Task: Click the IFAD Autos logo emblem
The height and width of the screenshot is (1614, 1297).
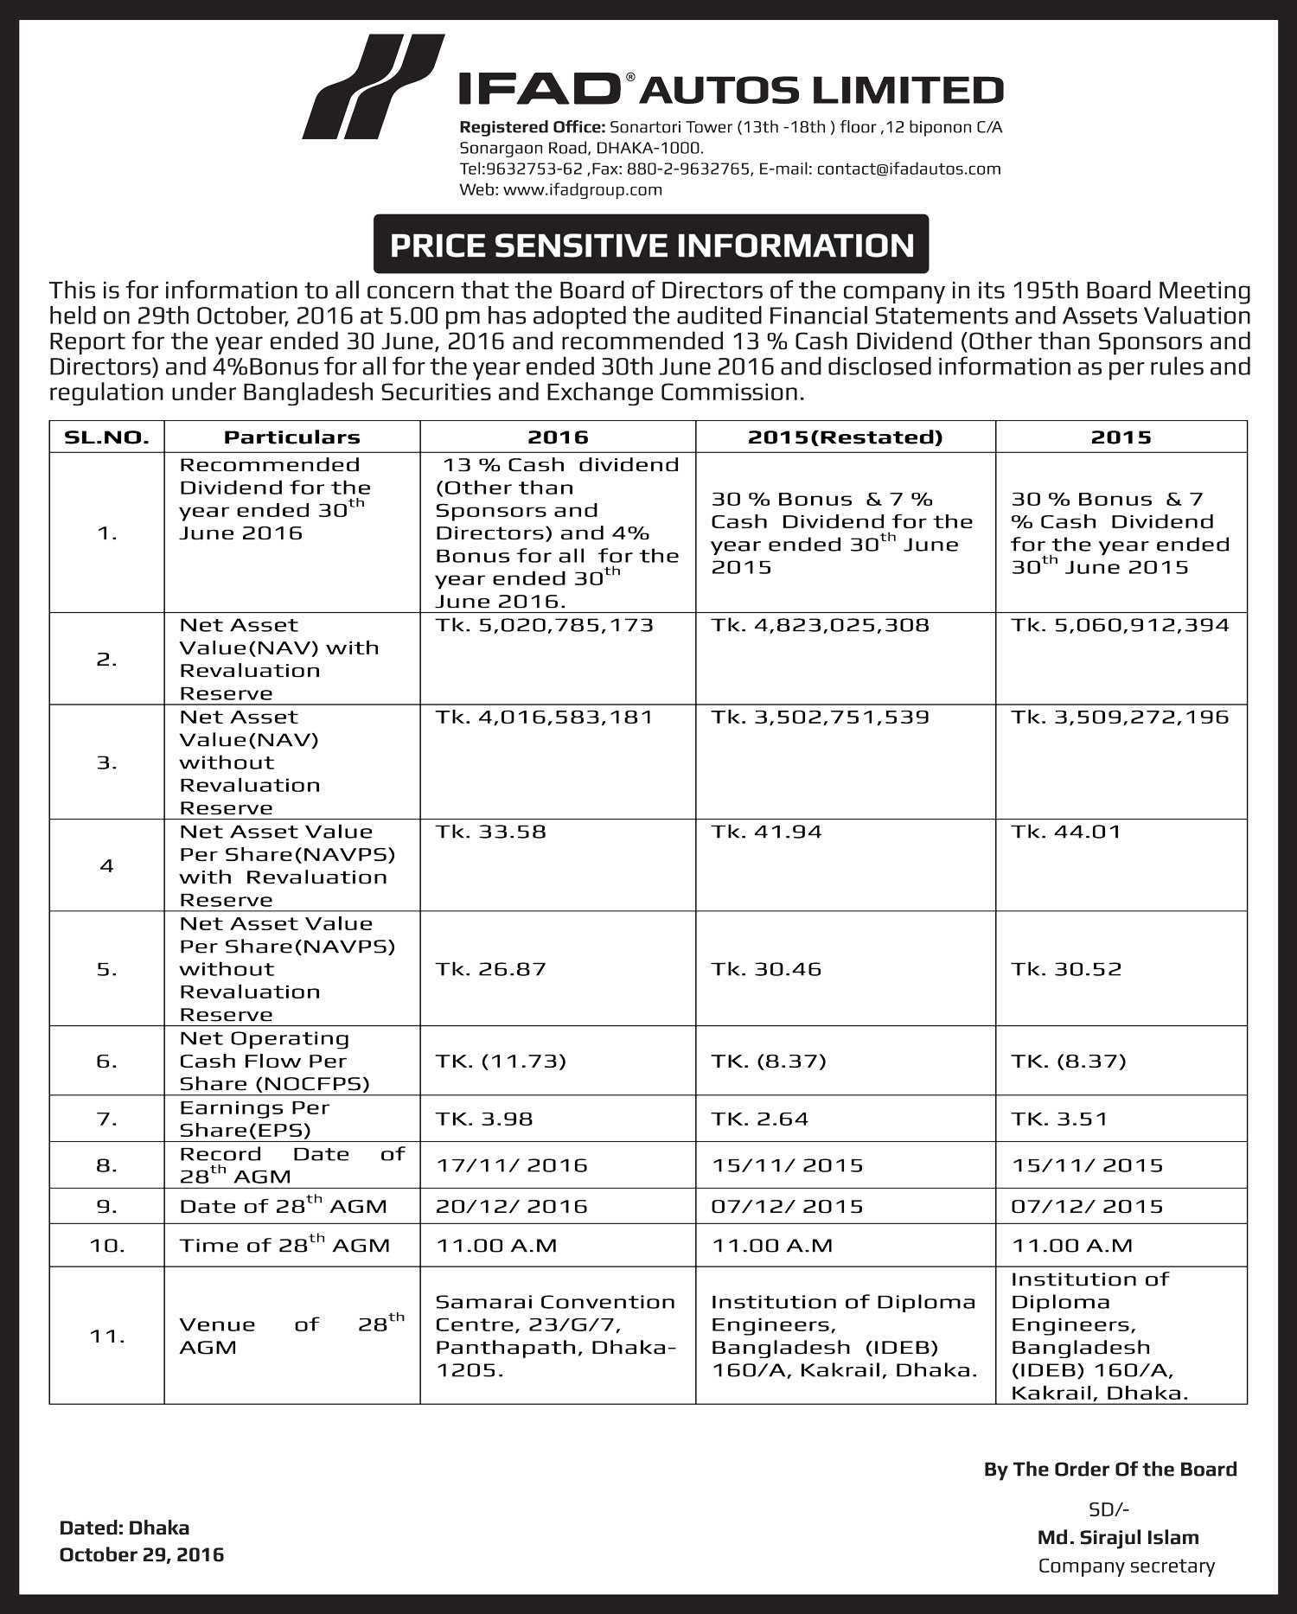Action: point(374,86)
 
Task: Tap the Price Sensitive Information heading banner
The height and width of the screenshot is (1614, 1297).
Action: point(651,246)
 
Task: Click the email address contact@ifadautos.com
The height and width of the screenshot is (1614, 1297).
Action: point(909,169)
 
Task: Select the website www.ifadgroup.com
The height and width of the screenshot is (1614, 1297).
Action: point(582,189)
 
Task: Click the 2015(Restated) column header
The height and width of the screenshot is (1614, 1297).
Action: point(845,437)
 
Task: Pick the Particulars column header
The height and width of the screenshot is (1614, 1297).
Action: point(291,437)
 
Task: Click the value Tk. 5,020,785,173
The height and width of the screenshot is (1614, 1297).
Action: point(545,625)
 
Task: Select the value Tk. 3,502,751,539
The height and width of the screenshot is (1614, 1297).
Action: point(820,717)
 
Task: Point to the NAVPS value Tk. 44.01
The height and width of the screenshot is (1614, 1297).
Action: point(1066,832)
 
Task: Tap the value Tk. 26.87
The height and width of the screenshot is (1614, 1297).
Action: point(491,969)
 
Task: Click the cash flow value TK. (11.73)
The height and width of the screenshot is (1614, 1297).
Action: point(501,1061)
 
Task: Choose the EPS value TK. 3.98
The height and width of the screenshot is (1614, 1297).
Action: point(484,1119)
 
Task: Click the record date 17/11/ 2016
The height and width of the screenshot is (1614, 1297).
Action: point(512,1165)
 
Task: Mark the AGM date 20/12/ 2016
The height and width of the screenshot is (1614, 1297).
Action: point(512,1206)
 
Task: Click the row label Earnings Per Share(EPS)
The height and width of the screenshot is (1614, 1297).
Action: point(254,1119)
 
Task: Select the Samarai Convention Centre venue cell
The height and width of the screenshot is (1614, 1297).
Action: point(556,1336)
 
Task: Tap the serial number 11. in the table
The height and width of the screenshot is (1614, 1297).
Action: point(107,1336)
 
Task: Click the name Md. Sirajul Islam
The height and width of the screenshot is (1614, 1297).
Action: point(1118,1537)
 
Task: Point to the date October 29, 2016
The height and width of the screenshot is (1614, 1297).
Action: point(141,1554)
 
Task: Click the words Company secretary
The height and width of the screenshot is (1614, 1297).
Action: point(1126,1566)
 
